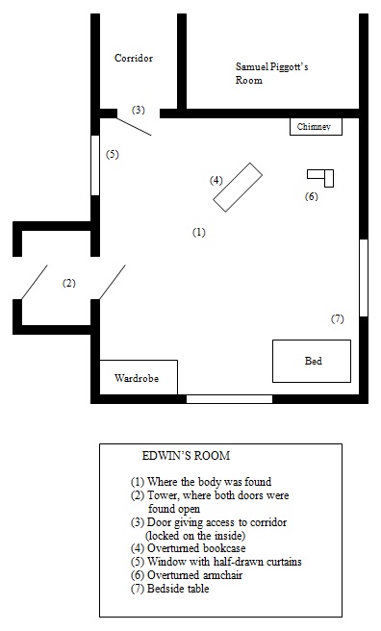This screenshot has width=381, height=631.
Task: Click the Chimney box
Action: pyautogui.click(x=315, y=127)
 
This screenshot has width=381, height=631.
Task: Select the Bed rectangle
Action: pyautogui.click(x=312, y=362)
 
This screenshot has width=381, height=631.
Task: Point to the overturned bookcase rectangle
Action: pyautogui.click(x=237, y=188)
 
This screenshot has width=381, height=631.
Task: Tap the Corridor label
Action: pyautogui.click(x=134, y=58)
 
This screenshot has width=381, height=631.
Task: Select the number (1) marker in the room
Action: pyautogui.click(x=199, y=232)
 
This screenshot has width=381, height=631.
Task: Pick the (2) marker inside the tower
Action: pyautogui.click(x=68, y=283)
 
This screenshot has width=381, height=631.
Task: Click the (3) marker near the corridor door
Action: pyautogui.click(x=139, y=110)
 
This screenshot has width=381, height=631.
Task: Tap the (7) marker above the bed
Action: pyautogui.click(x=337, y=318)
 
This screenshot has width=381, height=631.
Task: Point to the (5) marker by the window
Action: pyautogui.click(x=112, y=155)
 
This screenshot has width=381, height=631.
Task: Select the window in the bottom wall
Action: pyautogui.click(x=228, y=398)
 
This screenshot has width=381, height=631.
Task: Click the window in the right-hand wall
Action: pyautogui.click(x=363, y=278)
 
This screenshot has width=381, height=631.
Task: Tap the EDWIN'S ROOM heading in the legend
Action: pyautogui.click(x=184, y=455)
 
